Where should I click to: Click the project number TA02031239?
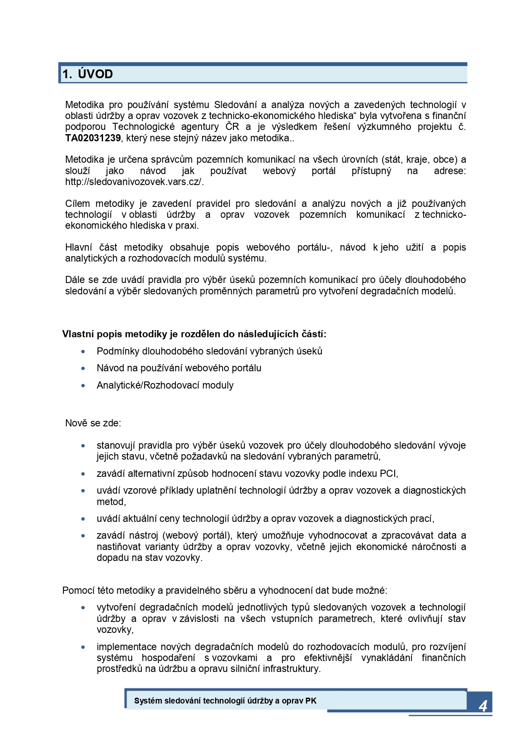point(93,138)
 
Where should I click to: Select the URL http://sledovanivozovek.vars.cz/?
point(134,182)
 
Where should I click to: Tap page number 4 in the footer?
point(483,706)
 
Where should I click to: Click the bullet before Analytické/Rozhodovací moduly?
point(83,385)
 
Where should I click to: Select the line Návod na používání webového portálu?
point(179,368)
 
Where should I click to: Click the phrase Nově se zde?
point(93,423)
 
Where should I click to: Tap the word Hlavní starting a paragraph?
point(78,247)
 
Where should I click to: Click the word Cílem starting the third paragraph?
point(77,204)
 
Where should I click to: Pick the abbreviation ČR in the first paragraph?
point(232,127)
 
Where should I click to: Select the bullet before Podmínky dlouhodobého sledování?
point(83,351)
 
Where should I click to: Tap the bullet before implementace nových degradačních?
point(83,647)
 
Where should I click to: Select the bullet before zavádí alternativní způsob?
point(83,473)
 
